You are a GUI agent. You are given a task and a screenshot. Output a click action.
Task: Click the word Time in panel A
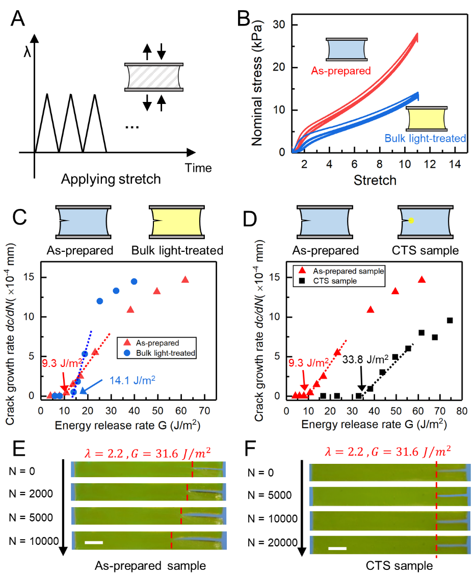pos(198,168)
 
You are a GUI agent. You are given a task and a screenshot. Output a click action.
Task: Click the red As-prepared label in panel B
pos(341,71)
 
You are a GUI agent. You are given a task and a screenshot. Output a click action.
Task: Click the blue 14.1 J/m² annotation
pos(131,379)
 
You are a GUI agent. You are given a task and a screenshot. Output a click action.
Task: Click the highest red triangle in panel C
pos(185,279)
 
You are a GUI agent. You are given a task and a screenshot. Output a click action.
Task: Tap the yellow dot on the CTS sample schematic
pos(411,220)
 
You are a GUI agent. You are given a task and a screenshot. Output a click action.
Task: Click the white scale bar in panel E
pos(94,542)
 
